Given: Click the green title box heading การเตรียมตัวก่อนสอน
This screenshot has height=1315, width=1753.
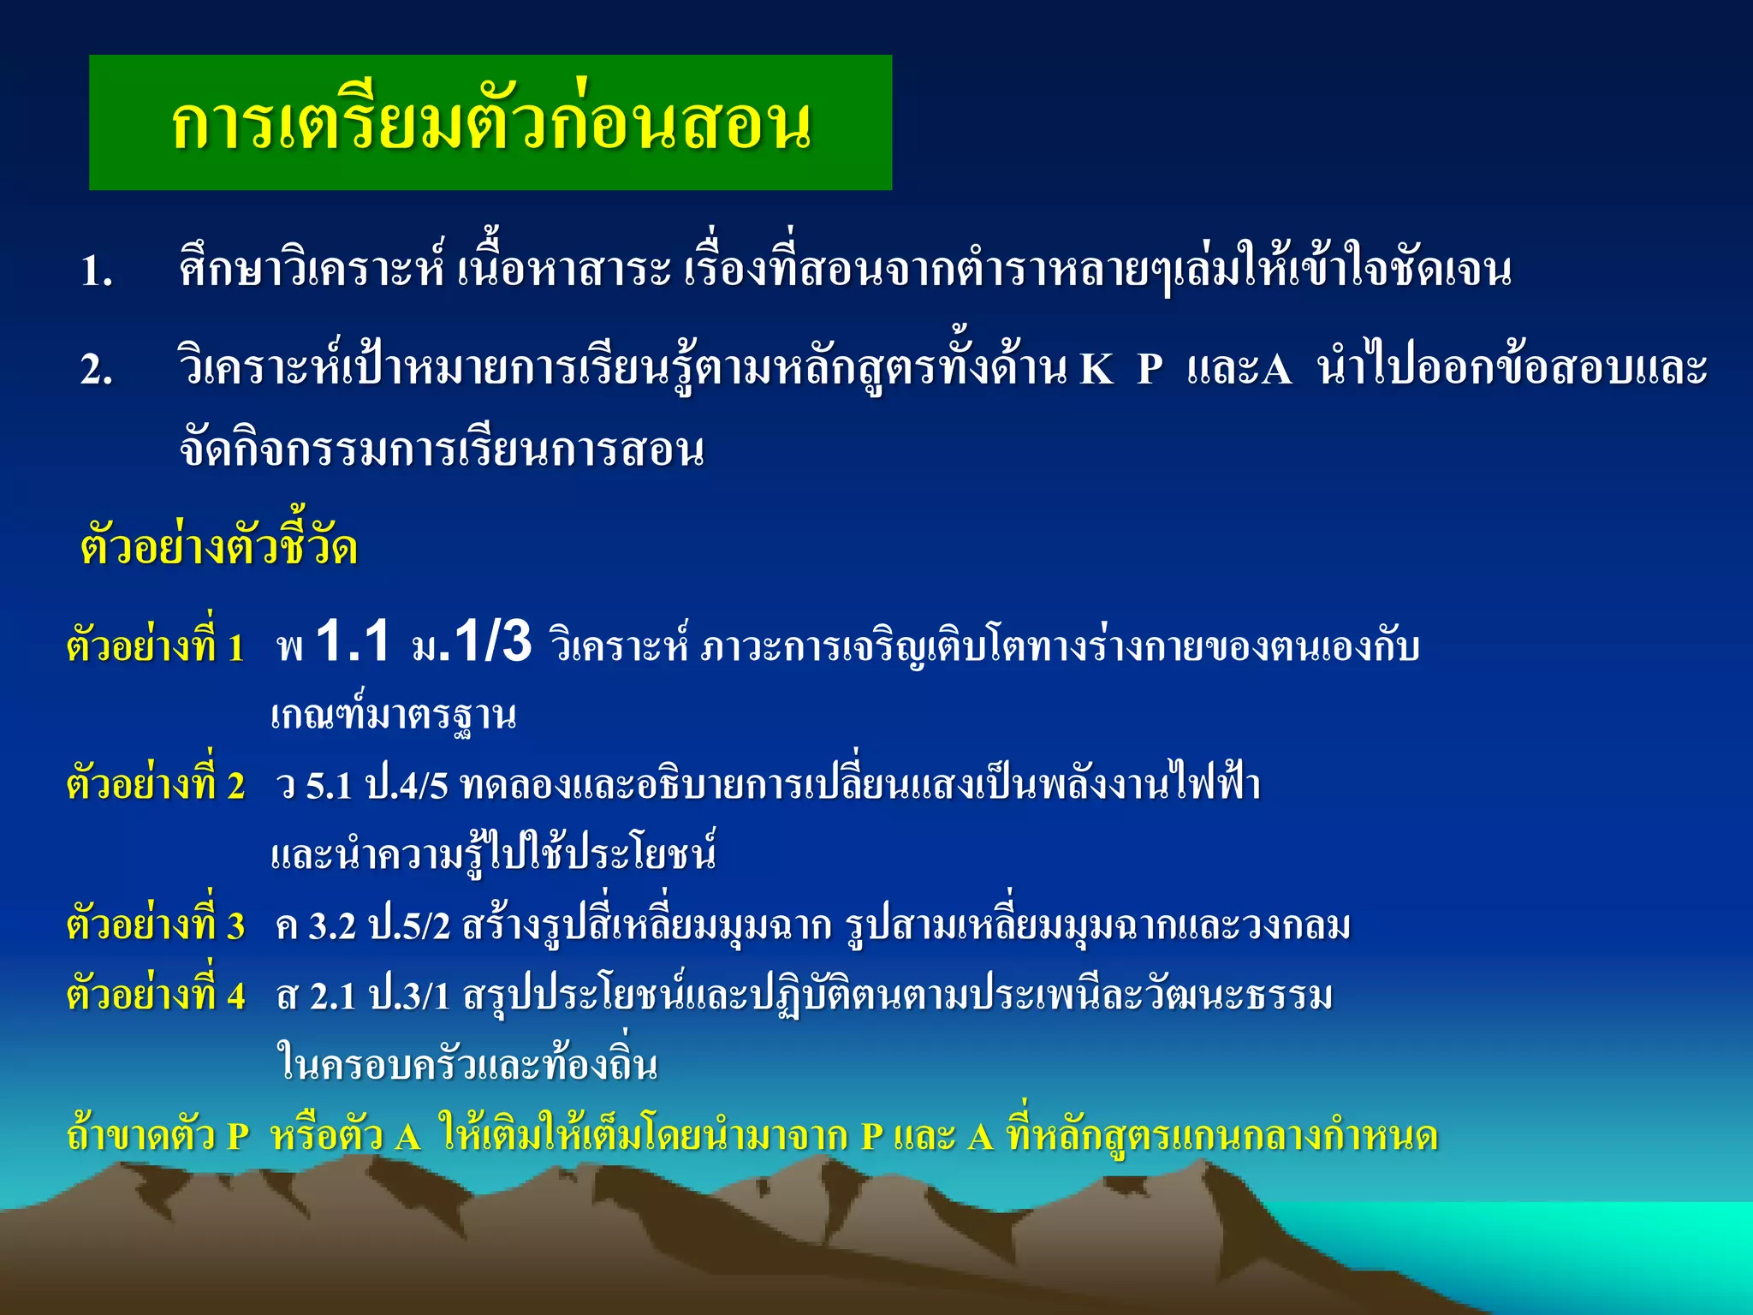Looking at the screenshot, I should (x=490, y=122).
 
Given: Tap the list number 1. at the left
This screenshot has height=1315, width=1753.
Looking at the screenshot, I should (x=97, y=273).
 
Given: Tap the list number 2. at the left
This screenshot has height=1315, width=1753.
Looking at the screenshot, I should (x=97, y=371).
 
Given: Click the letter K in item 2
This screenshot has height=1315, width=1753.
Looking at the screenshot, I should (x=1096, y=371).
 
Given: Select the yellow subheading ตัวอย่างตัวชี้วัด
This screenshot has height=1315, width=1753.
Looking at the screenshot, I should (x=218, y=546).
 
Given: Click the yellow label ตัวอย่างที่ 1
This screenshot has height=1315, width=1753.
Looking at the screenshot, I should (x=156, y=646).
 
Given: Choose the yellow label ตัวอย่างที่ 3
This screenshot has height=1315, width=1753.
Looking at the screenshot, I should (x=156, y=925).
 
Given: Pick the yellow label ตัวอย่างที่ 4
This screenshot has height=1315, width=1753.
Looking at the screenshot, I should (x=156, y=996).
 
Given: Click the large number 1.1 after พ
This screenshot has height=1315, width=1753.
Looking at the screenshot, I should (x=353, y=642).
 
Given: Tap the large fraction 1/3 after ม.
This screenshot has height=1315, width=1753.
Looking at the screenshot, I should (x=492, y=642).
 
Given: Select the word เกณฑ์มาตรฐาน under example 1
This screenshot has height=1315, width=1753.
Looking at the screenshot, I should (x=394, y=715).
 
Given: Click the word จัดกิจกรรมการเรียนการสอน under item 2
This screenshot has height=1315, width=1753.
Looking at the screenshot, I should (x=442, y=450).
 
